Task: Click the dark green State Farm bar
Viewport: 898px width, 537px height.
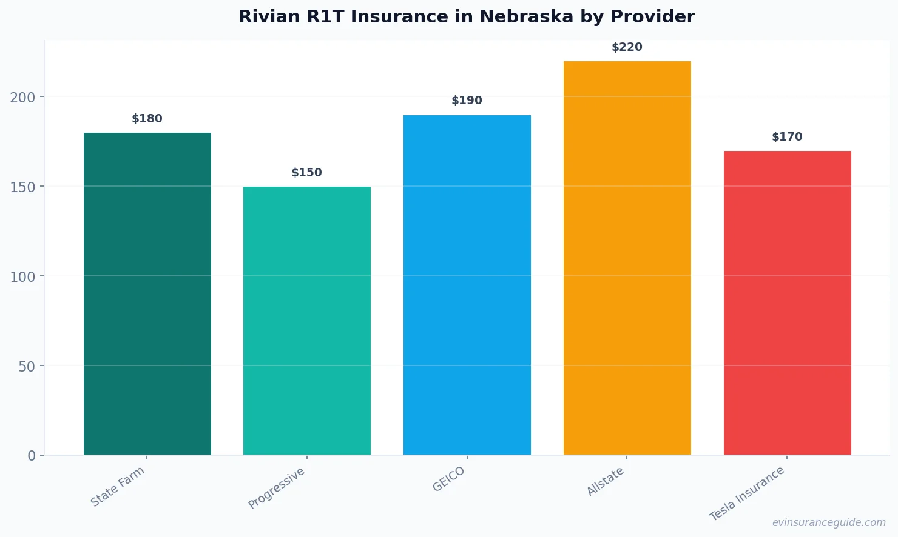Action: point(147,294)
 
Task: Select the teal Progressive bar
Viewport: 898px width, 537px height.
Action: point(307,321)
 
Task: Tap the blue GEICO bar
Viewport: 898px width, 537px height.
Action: point(467,285)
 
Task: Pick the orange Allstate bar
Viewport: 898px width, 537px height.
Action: point(627,258)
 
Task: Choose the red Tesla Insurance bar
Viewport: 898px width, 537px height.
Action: point(787,303)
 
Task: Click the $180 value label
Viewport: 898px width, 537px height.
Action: point(147,119)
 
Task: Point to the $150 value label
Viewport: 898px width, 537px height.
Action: point(307,173)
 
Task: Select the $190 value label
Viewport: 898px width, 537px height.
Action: point(467,101)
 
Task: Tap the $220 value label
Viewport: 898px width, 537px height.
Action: point(627,47)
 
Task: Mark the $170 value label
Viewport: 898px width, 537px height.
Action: point(787,137)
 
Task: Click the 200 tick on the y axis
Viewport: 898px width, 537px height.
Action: point(22,98)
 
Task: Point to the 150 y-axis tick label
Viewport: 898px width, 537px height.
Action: point(22,187)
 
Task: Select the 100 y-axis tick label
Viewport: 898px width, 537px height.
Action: point(22,277)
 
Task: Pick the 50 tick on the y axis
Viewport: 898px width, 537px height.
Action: point(27,367)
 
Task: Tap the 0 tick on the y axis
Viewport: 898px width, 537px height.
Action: point(32,456)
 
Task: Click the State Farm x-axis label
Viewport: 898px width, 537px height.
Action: point(118,487)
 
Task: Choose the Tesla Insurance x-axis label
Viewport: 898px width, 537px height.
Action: point(747,493)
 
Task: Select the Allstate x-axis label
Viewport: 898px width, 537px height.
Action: point(606,482)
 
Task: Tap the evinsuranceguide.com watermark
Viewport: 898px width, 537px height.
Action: point(829,522)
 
